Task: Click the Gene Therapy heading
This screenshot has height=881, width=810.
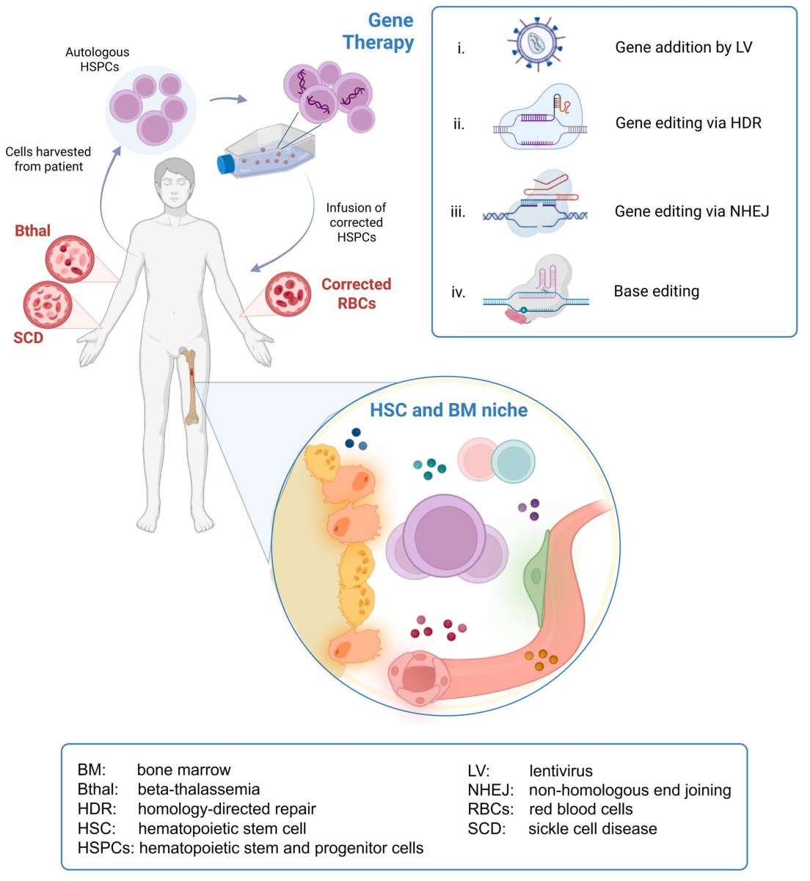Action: pyautogui.click(x=379, y=31)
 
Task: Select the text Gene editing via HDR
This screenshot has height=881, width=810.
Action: pyautogui.click(x=688, y=123)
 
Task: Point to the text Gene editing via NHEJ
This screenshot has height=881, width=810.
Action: pyautogui.click(x=692, y=211)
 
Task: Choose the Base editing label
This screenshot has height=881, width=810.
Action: pyautogui.click(x=656, y=291)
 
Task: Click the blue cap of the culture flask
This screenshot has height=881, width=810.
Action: pyautogui.click(x=225, y=162)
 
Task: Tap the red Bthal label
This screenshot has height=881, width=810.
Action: pyautogui.click(x=33, y=231)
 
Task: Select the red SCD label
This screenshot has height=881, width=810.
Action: pyautogui.click(x=28, y=338)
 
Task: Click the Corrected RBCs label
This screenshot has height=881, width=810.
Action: pyautogui.click(x=356, y=294)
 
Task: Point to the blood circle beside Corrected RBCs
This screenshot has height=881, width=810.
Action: pyautogui.click(x=288, y=294)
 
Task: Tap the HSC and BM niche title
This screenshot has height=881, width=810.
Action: pyautogui.click(x=448, y=410)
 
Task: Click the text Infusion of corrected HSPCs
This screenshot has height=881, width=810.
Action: pyautogui.click(x=356, y=222)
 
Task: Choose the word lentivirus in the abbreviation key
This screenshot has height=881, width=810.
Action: pyautogui.click(x=561, y=771)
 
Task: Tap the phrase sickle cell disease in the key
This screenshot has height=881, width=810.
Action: pyautogui.click(x=593, y=829)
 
